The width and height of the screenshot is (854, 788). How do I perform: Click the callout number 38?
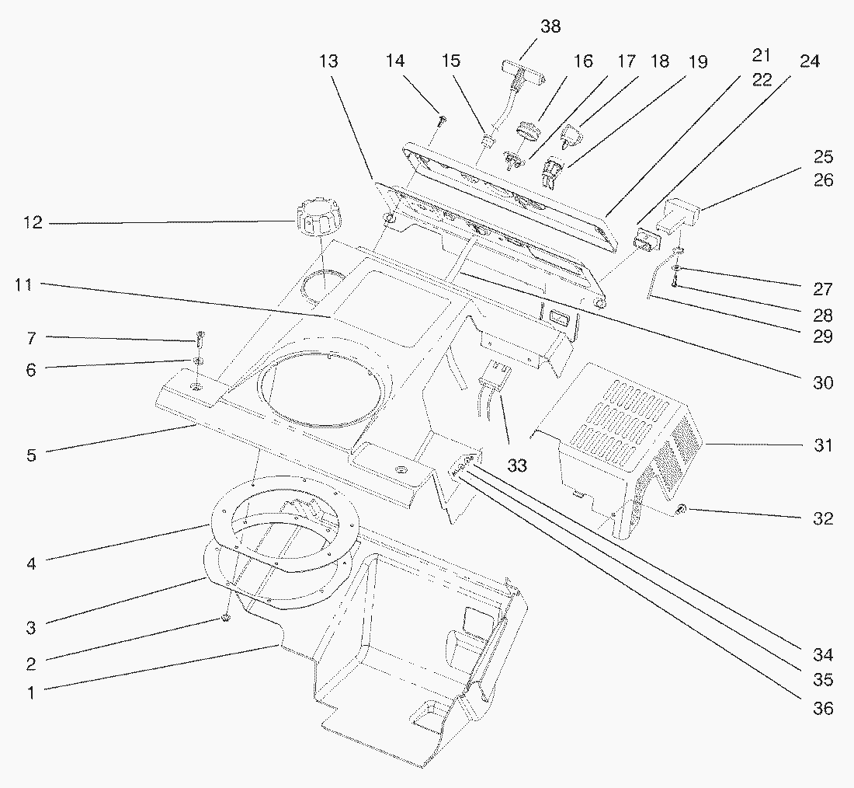click(550, 26)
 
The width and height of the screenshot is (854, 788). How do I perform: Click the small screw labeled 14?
click(441, 120)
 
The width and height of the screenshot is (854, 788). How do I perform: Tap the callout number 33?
click(517, 465)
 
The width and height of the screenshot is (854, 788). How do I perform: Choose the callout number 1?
click(31, 692)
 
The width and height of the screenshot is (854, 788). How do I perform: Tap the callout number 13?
click(329, 61)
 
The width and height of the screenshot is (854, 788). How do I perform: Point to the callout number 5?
click(31, 455)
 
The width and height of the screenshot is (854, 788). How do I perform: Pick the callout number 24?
click(810, 61)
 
